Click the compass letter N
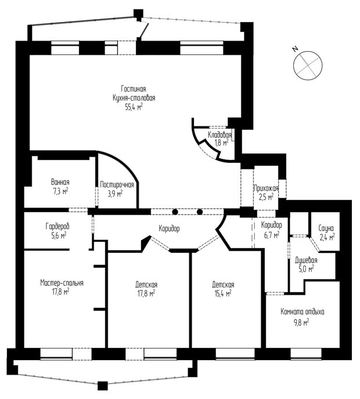(x=296, y=48)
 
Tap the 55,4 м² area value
(x=134, y=107)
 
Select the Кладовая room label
(x=219, y=135)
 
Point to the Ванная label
(x=60, y=182)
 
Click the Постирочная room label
(x=117, y=185)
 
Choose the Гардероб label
(x=57, y=226)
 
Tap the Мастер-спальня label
(x=62, y=282)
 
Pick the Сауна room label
(x=326, y=228)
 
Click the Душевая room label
(x=306, y=260)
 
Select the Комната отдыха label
(x=303, y=312)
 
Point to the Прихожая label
(x=267, y=188)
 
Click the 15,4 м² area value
(x=223, y=293)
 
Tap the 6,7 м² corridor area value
(x=272, y=235)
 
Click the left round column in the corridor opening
(x=175, y=212)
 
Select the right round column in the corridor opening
(x=200, y=212)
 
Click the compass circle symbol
(x=308, y=66)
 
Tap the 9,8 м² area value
(x=301, y=322)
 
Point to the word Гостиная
(x=134, y=89)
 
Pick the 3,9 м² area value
(x=115, y=194)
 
